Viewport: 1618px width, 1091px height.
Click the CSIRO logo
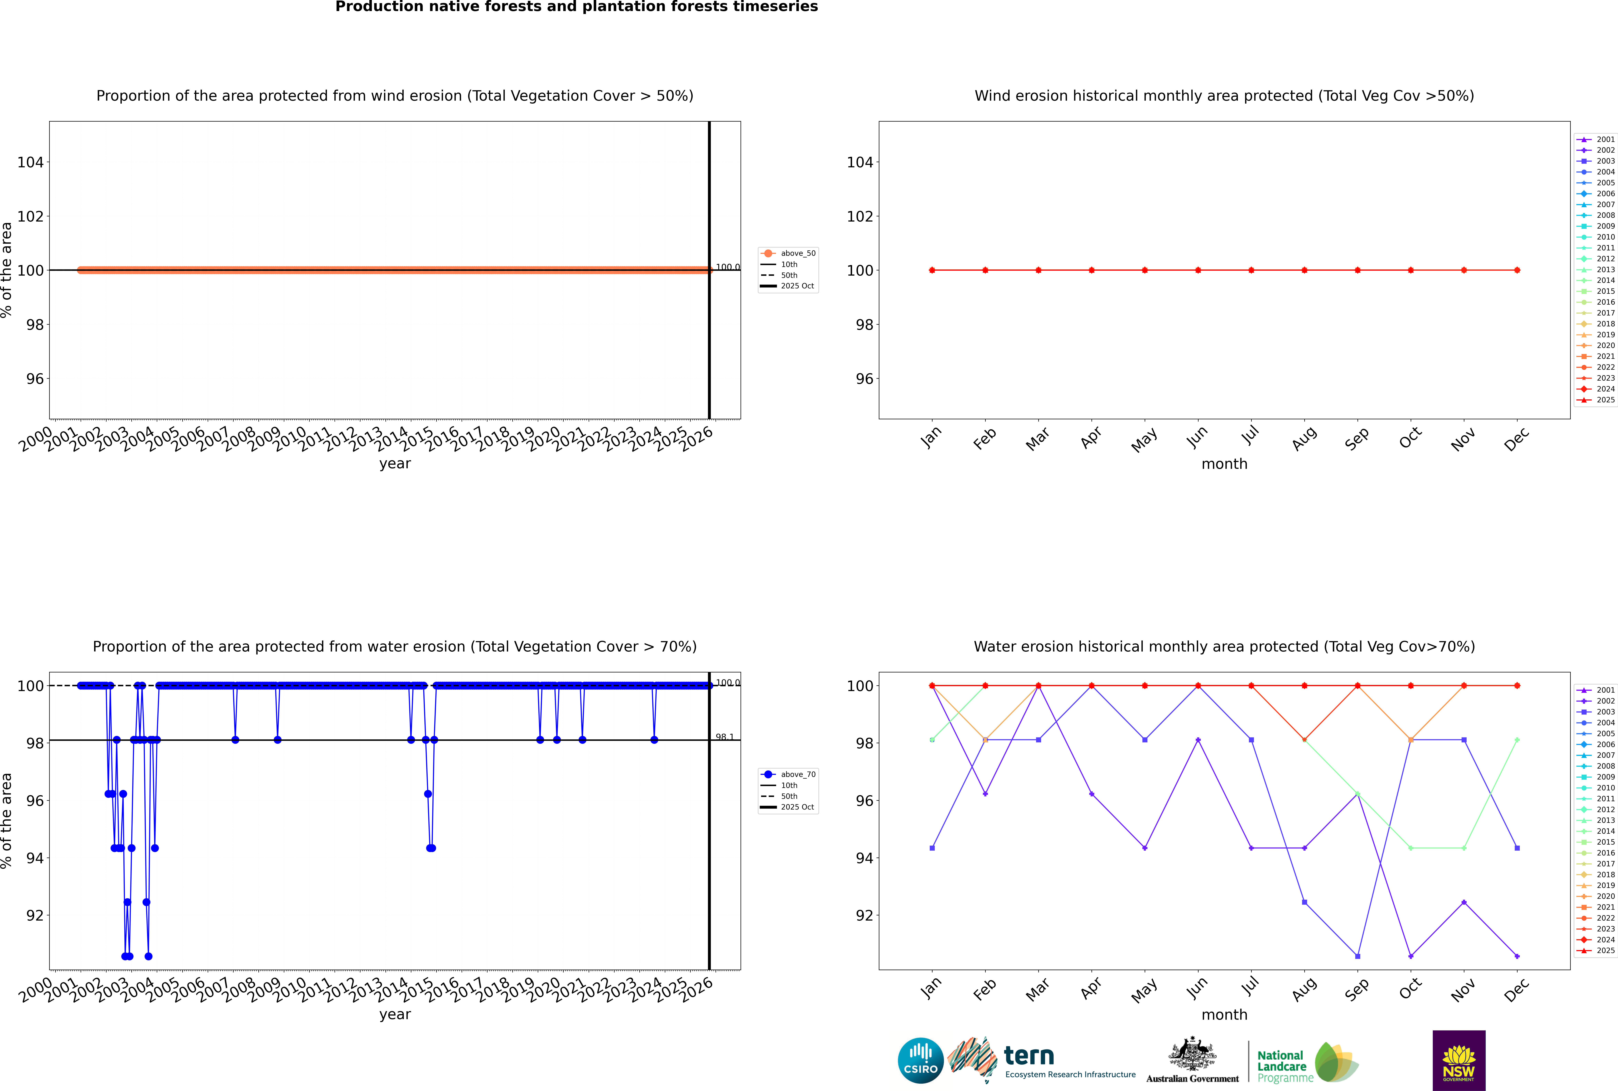pos(920,1060)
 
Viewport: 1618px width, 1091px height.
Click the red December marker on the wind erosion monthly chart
pos(1517,270)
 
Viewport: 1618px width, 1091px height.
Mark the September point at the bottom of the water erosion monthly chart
pos(1357,956)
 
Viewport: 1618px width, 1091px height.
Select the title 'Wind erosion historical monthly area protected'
pos(1224,96)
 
